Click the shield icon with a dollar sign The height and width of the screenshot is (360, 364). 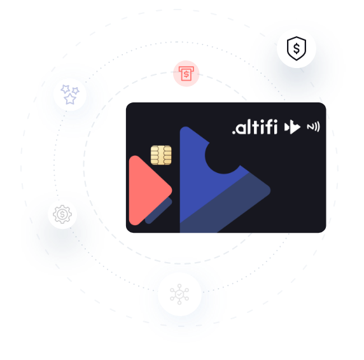(x=297, y=48)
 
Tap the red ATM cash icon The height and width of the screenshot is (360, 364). (x=186, y=74)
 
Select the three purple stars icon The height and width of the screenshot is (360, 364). (x=70, y=95)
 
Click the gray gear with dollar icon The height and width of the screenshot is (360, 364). (x=62, y=214)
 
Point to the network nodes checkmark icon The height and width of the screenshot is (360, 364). (x=179, y=294)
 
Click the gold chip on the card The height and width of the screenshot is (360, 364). (x=161, y=155)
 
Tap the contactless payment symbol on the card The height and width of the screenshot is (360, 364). (x=313, y=127)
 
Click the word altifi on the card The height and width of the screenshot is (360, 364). (x=255, y=127)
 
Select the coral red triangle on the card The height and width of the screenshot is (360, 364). (x=150, y=190)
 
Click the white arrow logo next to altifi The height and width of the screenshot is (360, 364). (x=292, y=127)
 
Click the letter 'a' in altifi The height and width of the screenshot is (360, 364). (x=241, y=128)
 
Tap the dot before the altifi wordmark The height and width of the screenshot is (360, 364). (x=234, y=133)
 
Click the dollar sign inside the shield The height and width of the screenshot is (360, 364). (x=297, y=48)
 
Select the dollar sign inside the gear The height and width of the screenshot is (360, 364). (x=62, y=214)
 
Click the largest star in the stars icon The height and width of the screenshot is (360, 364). (x=70, y=99)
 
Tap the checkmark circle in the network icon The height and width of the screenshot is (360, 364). (x=179, y=294)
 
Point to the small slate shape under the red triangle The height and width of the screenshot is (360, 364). (x=159, y=211)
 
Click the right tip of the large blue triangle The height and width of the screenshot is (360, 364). (x=270, y=191)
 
